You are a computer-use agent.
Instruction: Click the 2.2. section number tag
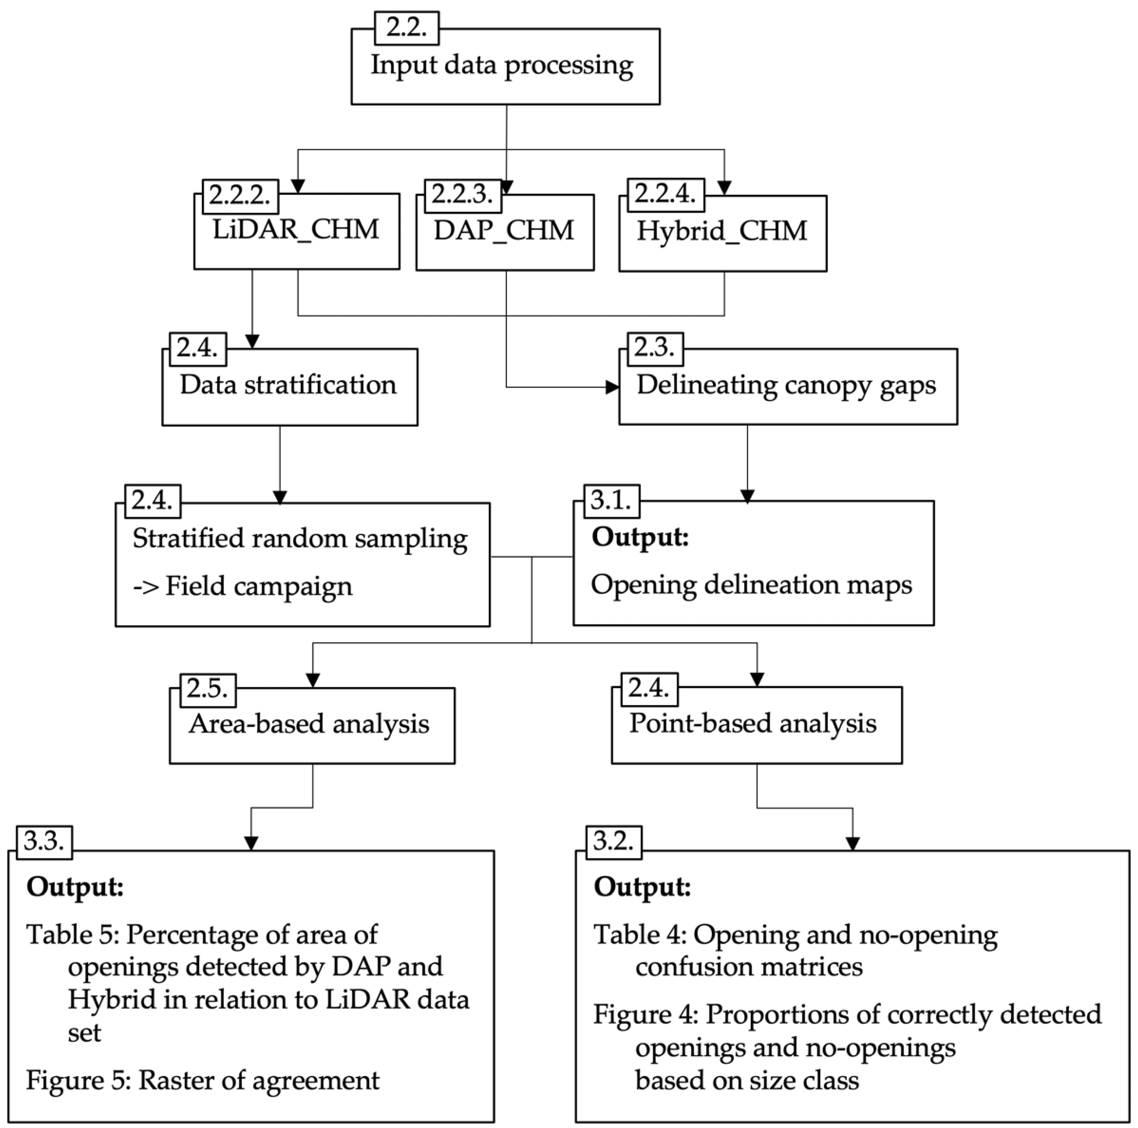[407, 28]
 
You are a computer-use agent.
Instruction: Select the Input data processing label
[502, 65]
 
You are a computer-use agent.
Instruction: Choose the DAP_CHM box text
[504, 230]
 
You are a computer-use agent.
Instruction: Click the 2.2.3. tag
[462, 194]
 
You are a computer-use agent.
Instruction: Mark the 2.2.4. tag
[665, 194]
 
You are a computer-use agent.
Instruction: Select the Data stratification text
[288, 385]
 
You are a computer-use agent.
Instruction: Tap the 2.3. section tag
[654, 348]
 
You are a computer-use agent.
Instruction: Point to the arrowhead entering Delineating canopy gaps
[613, 387]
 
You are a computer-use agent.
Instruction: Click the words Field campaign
[259, 586]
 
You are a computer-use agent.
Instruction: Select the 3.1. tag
[611, 501]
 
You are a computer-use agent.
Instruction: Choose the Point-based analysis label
[752, 724]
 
